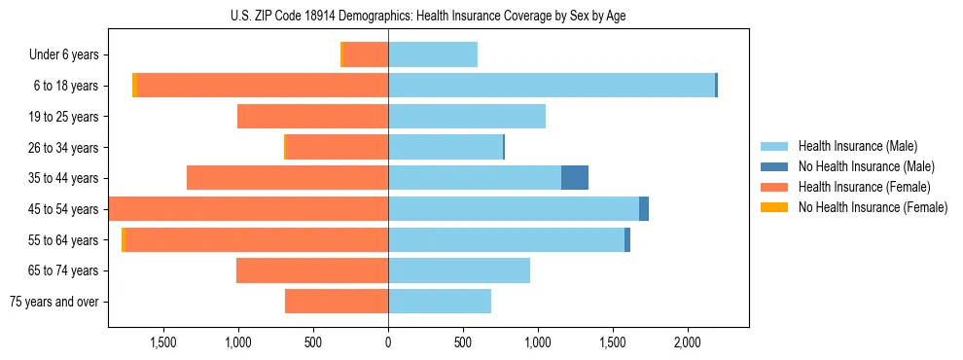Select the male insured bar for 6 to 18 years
tap(552, 86)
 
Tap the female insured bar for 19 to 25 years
tap(312, 117)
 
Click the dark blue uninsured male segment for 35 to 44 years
tap(575, 178)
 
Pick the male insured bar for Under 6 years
tap(433, 55)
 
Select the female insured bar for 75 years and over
tap(337, 302)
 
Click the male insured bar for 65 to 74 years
tap(459, 270)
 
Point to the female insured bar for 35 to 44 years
tap(287, 178)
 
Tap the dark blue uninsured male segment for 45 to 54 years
tap(644, 209)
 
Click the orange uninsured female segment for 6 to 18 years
tap(134, 86)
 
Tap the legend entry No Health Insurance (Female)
tap(873, 207)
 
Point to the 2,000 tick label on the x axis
tap(688, 342)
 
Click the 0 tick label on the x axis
tap(388, 342)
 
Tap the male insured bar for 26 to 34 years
tap(446, 148)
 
